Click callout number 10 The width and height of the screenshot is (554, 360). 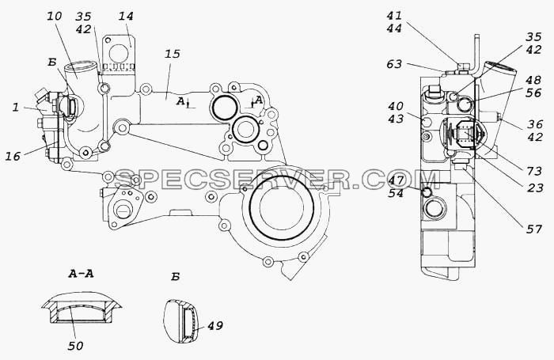[54, 17]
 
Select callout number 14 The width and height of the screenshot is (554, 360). [126, 17]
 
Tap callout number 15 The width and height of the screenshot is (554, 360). [173, 54]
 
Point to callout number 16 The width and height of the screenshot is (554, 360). [13, 156]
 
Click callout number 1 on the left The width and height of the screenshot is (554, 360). [15, 108]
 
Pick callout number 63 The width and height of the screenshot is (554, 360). [395, 64]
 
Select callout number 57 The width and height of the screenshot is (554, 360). [534, 229]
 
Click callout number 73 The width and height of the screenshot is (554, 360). [534, 172]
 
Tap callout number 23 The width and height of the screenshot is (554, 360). [534, 188]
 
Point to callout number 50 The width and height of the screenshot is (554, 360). [75, 346]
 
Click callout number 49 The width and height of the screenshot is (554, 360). [215, 325]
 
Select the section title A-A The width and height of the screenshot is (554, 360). [81, 274]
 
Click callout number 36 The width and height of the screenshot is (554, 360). [535, 124]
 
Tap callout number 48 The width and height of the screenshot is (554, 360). [534, 81]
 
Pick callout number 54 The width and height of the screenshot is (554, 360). [396, 193]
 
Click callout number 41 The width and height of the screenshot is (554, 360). [394, 16]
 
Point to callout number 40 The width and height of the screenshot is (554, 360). [396, 106]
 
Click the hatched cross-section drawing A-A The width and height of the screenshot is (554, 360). [82, 307]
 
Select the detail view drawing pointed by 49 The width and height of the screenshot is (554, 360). [180, 321]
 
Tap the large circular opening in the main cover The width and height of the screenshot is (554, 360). [281, 207]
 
